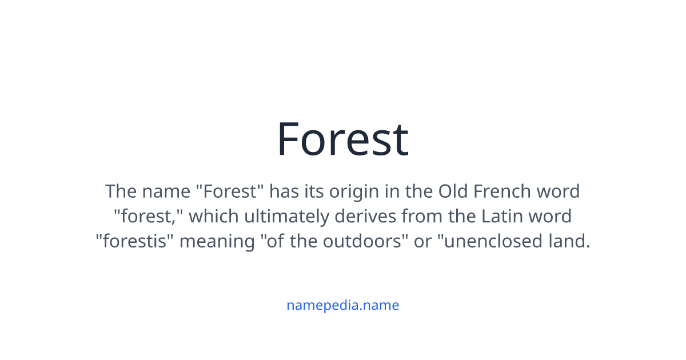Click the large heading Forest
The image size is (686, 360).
[342, 139]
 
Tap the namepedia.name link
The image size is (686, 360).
[342, 305]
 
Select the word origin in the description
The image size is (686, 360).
[348, 191]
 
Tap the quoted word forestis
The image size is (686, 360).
[134, 242]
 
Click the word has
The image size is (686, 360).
[284, 191]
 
